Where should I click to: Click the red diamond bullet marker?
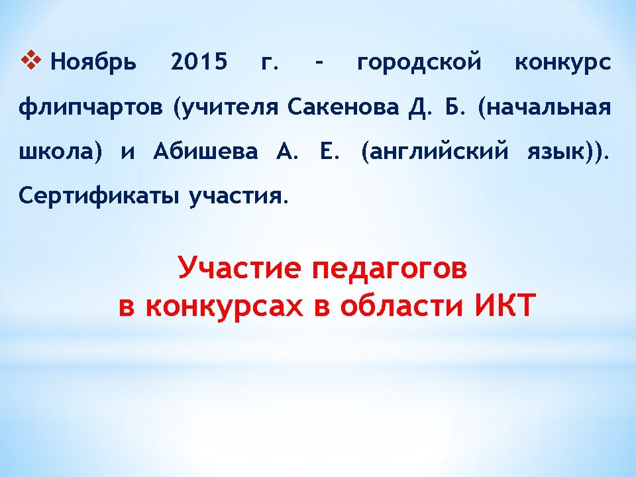(x=31, y=61)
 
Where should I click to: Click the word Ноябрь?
(x=93, y=62)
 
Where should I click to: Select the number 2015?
(x=199, y=62)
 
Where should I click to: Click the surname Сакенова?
(x=343, y=107)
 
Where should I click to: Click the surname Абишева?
(x=205, y=151)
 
